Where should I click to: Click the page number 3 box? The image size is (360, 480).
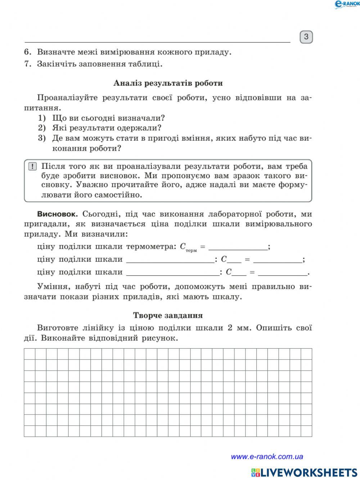click(306, 37)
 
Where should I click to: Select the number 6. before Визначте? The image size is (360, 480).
click(28, 52)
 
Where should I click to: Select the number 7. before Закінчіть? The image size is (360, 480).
click(28, 64)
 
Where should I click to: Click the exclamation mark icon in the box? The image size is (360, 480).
click(32, 167)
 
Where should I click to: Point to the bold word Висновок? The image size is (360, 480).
click(57, 214)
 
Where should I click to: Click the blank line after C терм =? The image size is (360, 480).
click(238, 247)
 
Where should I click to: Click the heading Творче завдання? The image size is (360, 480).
click(168, 315)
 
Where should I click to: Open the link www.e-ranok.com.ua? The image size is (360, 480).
click(267, 457)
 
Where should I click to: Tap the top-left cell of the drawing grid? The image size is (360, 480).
click(30, 354)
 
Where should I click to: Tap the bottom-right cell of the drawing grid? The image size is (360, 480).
click(306, 431)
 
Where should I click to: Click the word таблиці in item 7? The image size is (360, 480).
click(150, 64)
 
